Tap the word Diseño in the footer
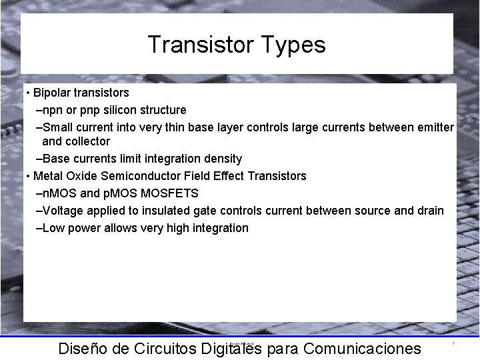coord(83,349)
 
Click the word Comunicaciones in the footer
coord(362,349)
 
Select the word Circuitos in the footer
coord(164,349)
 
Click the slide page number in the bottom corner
coord(453,343)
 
